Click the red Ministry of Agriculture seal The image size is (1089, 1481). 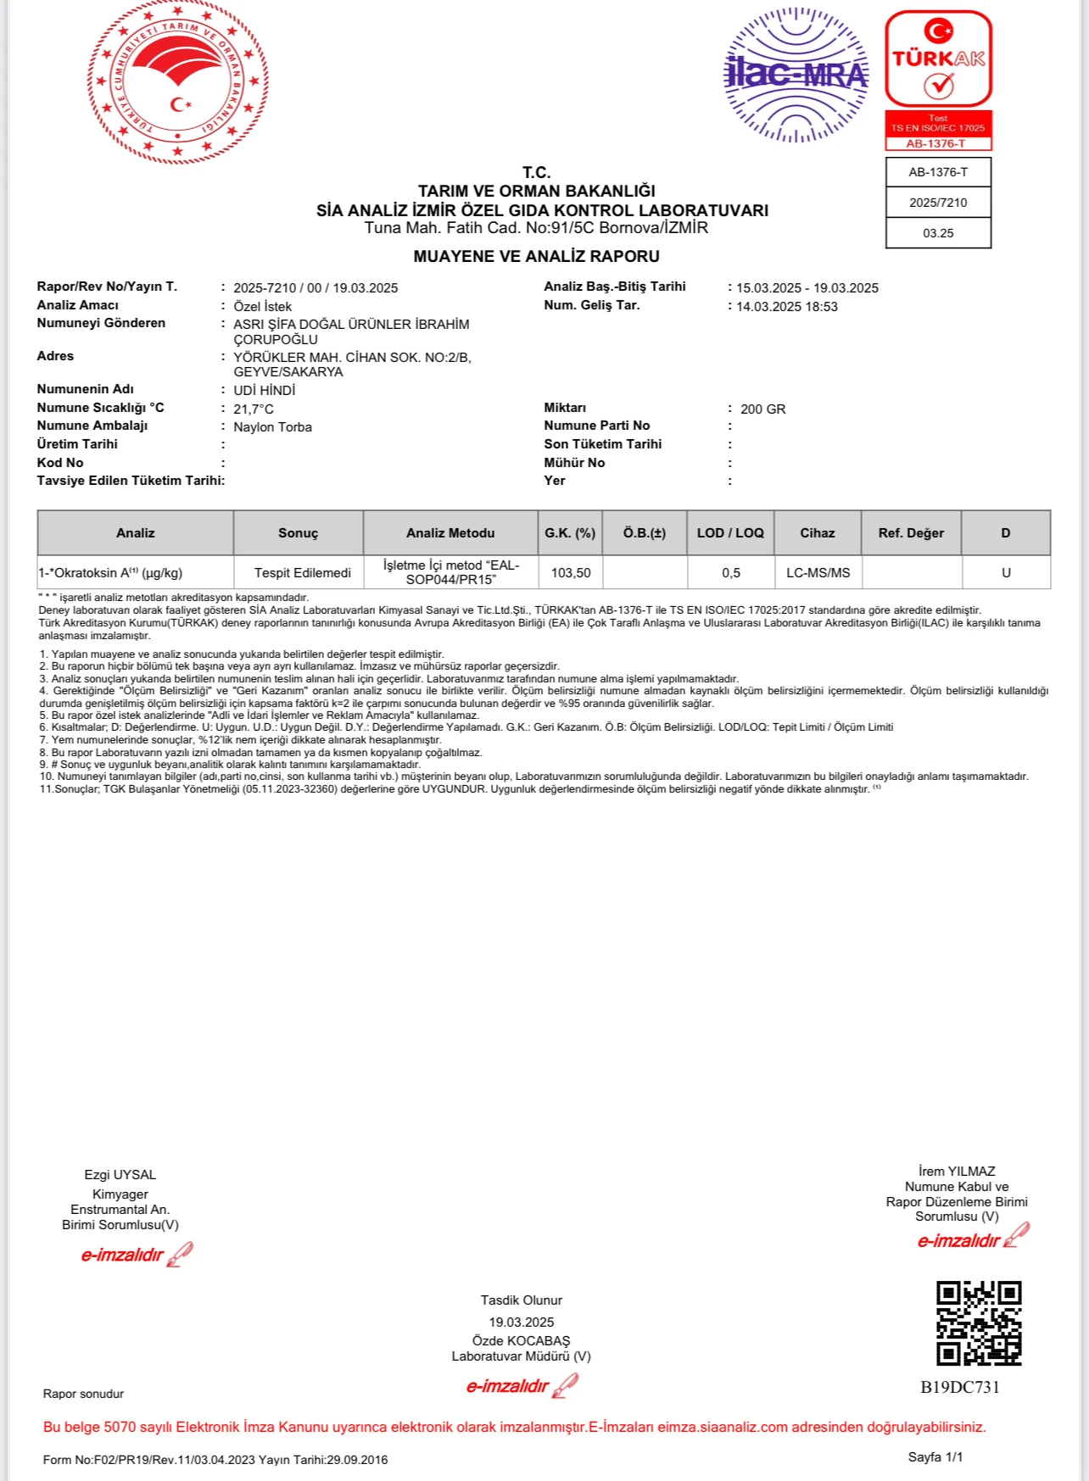click(178, 82)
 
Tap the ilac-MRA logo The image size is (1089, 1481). click(796, 75)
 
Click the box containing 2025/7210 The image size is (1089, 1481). click(938, 203)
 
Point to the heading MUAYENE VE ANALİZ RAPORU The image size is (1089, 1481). click(536, 256)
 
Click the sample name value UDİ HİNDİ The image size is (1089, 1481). click(265, 391)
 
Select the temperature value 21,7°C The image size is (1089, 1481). click(254, 409)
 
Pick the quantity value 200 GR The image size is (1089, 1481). click(762, 409)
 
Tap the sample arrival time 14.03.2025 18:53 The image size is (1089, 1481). click(786, 307)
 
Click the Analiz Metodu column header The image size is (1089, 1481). click(450, 533)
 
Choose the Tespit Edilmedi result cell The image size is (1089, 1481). click(303, 573)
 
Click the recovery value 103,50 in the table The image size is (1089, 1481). click(571, 573)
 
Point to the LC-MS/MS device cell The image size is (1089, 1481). click(818, 573)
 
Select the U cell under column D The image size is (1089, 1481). click(1006, 573)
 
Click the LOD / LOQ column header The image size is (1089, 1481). click(730, 533)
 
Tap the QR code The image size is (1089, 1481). click(979, 1322)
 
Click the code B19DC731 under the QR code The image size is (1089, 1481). click(960, 1388)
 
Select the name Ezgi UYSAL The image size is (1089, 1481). click(120, 1175)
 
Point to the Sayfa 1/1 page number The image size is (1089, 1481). click(935, 1457)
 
